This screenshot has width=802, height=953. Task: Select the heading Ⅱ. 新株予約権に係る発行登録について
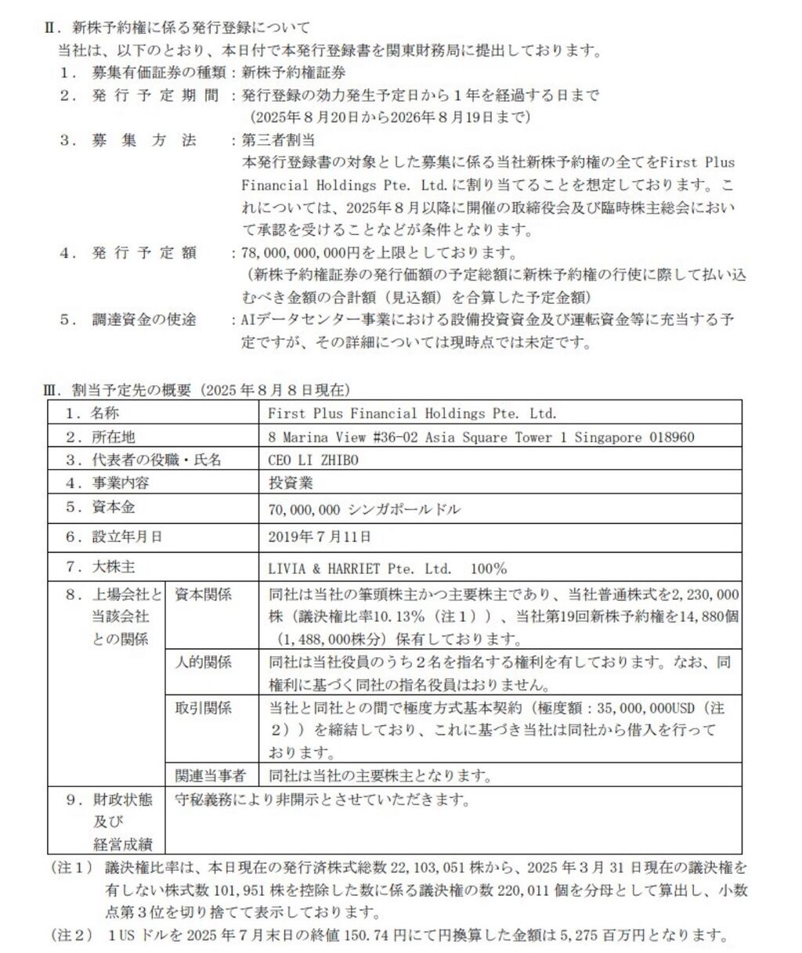click(x=176, y=29)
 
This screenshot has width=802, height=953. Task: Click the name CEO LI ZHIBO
click(x=312, y=460)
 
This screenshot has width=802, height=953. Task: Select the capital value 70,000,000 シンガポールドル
click(x=363, y=509)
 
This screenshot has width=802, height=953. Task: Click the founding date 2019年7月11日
click(x=320, y=536)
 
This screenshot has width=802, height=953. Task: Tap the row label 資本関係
click(x=203, y=594)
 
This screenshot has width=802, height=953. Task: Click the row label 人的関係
click(x=203, y=662)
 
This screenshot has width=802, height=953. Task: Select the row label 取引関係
click(x=203, y=709)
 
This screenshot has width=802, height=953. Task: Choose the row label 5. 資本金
click(x=100, y=507)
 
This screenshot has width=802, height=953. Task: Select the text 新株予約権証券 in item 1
click(x=293, y=73)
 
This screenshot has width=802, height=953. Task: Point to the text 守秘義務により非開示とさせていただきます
click(x=323, y=800)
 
